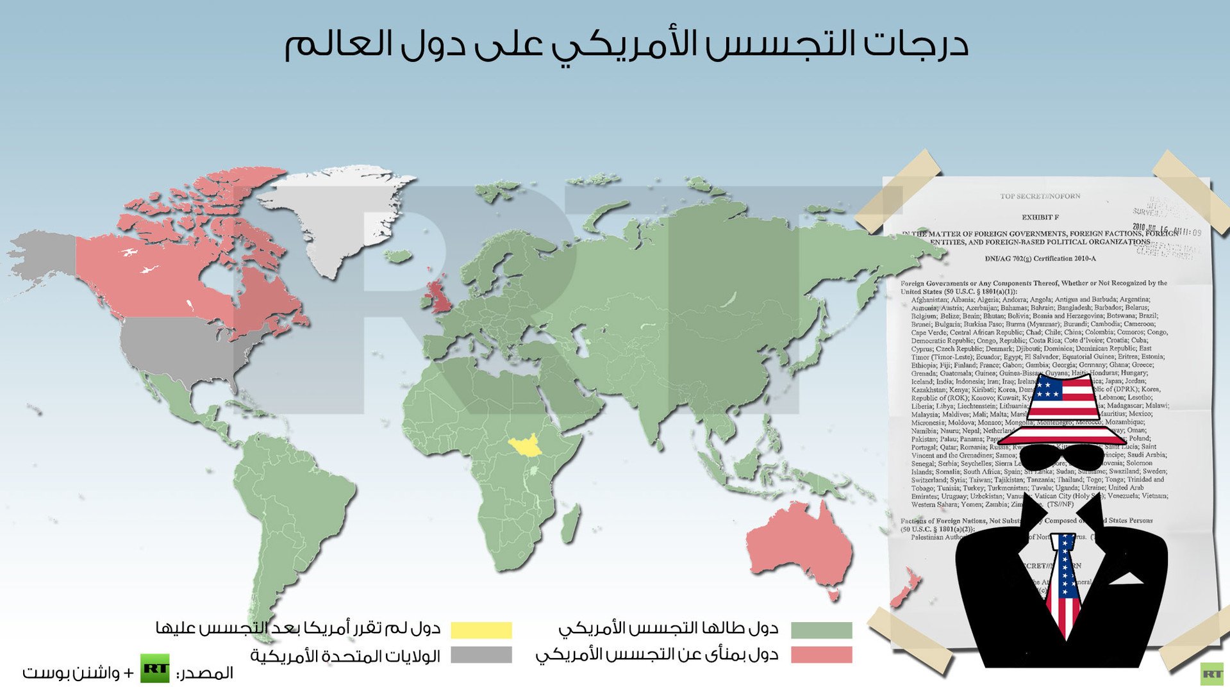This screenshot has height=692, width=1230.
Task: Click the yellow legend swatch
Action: [x=481, y=630]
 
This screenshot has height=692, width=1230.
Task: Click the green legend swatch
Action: [x=821, y=630]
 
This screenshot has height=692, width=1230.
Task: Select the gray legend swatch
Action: [x=481, y=655]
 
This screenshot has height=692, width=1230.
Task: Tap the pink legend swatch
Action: [x=821, y=655]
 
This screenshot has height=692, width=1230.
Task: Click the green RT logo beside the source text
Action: [x=155, y=669]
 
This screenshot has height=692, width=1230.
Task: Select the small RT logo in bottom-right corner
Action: [x=1212, y=674]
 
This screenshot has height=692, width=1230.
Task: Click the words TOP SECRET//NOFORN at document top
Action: [x=1040, y=196]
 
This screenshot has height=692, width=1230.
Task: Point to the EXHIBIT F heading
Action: [x=1040, y=217]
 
